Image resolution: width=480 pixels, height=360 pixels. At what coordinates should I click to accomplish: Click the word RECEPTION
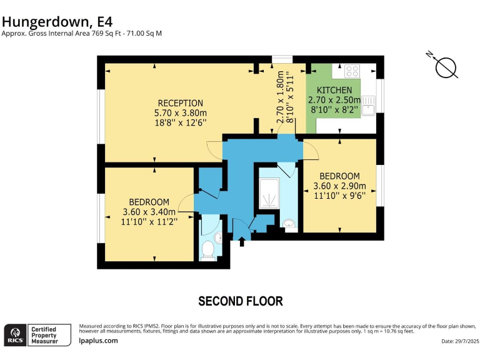(180, 103)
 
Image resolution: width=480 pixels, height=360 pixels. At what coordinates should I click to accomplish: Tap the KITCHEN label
(334, 90)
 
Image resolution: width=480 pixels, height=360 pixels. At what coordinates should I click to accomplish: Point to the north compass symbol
(446, 67)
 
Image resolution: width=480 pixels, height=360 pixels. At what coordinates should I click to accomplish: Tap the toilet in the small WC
(207, 250)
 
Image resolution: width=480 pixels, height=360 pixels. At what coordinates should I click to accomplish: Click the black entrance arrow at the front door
(242, 240)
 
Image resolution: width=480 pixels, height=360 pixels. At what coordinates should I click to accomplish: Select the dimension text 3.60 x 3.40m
(149, 212)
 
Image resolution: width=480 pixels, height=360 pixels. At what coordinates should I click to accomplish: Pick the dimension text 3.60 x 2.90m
(339, 186)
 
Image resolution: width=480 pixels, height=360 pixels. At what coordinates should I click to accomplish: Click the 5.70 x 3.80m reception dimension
(180, 113)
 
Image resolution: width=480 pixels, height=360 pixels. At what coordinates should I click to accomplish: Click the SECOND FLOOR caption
(240, 301)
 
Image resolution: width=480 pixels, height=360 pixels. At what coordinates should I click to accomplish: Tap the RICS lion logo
(15, 334)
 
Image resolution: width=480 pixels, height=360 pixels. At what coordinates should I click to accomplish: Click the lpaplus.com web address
(98, 341)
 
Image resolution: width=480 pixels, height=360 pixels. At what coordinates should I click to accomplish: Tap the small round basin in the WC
(217, 238)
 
